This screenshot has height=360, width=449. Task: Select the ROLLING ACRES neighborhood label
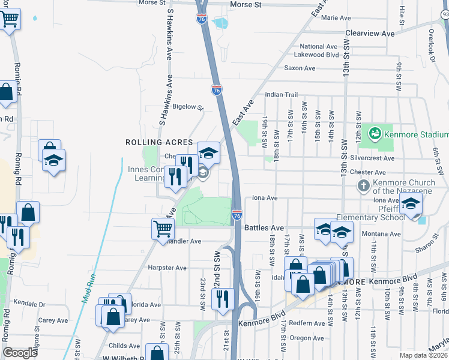[159, 142]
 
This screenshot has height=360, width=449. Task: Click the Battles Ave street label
[264, 228]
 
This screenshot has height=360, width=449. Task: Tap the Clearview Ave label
[370, 34]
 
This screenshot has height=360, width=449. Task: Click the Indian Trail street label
[282, 95]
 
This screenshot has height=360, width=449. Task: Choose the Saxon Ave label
[300, 68]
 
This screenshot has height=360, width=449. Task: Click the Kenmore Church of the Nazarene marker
[363, 185]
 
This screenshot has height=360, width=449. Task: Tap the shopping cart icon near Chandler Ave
[163, 229]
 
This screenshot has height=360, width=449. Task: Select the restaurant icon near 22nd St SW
[223, 298]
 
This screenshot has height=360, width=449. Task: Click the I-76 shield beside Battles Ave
[237, 214]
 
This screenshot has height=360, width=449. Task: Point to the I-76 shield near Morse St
[201, 19]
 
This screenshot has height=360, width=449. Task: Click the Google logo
[20, 353]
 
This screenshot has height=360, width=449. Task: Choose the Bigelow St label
[188, 107]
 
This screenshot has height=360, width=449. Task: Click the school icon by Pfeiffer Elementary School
[411, 203]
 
